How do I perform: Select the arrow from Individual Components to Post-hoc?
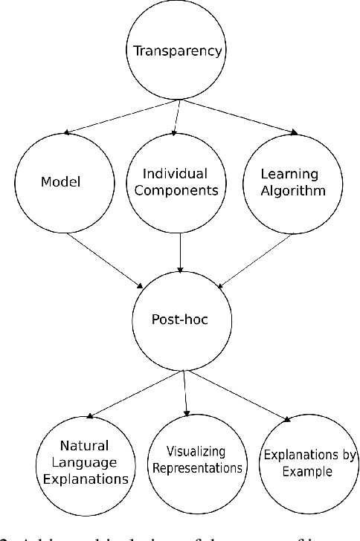pyautogui.click(x=180, y=253)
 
